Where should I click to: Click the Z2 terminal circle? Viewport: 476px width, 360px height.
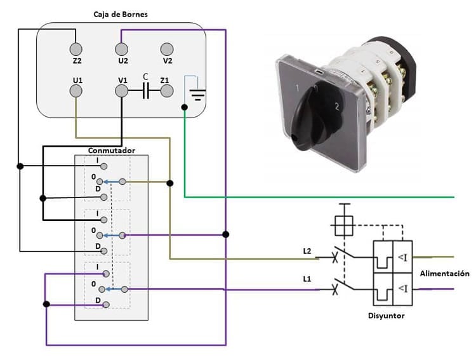(76, 49)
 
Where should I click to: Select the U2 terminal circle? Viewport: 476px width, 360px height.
(121, 49)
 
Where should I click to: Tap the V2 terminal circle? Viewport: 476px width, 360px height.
(168, 49)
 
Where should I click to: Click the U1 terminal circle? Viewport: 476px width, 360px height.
(76, 91)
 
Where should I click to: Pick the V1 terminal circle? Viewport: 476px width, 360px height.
(121, 91)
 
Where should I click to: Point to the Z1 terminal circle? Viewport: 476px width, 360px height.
(168, 91)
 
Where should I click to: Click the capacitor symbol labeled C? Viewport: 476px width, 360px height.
(145, 91)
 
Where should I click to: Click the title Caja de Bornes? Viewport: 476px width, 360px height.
(121, 15)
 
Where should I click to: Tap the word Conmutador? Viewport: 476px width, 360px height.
(112, 150)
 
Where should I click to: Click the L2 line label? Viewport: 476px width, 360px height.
(308, 251)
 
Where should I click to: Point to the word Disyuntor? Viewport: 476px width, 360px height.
(387, 316)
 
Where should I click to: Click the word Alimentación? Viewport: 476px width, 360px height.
(445, 274)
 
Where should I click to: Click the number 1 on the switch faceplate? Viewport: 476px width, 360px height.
(296, 88)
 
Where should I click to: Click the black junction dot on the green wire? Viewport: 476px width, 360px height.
(184, 108)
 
